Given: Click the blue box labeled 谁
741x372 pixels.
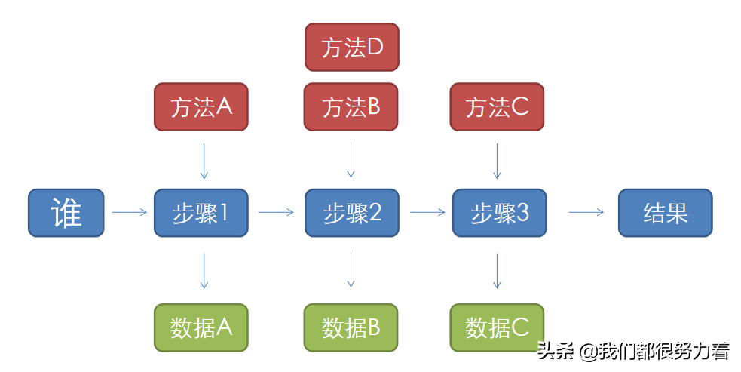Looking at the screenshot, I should (66, 213).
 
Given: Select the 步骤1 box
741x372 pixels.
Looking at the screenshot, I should (201, 213).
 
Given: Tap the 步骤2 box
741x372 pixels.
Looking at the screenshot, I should (351, 213).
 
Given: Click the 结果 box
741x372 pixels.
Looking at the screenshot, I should (665, 213).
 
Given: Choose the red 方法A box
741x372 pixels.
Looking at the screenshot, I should (201, 107).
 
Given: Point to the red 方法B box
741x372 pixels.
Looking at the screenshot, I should (351, 107).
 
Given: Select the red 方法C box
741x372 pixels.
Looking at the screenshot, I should (497, 107).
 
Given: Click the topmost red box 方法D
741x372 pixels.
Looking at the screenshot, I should (352, 47).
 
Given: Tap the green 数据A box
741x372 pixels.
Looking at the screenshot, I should (201, 327).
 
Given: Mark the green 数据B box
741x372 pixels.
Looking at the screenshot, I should (351, 327).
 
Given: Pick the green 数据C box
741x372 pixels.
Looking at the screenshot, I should (497, 327).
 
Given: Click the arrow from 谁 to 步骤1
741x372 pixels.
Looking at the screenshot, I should (129, 213).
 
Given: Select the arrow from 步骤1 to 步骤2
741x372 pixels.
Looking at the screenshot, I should (276, 213).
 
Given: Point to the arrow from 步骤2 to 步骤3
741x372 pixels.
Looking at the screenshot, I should (427, 213).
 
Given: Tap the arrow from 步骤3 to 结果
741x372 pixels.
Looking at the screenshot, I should (586, 213).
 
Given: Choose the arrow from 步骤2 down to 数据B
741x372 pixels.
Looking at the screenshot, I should (351, 269).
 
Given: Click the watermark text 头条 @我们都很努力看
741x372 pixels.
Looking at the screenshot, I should (632, 351).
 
